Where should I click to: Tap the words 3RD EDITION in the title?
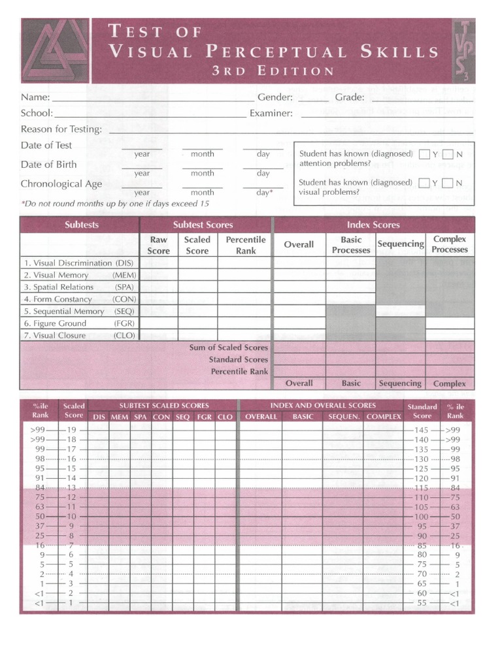tap(273, 71)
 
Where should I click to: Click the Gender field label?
tap(275, 97)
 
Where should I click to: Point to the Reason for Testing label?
tap(61, 129)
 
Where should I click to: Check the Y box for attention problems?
tap(425, 154)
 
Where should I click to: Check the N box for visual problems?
tap(448, 183)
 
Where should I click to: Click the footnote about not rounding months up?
tap(115, 204)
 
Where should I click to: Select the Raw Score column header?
tap(159, 245)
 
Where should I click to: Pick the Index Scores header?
tap(373, 225)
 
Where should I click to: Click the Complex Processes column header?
tap(450, 244)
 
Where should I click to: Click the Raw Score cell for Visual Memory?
tap(159, 275)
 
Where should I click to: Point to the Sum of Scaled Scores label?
tap(229, 348)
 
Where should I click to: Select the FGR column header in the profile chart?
tap(204, 417)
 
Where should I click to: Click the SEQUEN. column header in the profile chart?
tap(344, 417)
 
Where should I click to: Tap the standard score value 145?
tap(422, 430)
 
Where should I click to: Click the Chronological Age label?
tap(61, 184)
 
